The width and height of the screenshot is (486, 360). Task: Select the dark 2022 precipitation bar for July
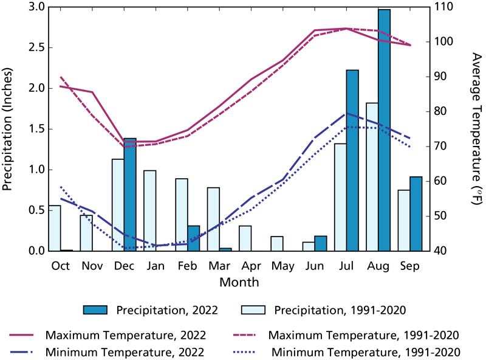[352, 161]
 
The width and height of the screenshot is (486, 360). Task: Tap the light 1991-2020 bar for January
[150, 210]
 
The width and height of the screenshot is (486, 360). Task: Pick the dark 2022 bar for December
[130, 195]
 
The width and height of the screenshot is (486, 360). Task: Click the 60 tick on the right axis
[439, 181]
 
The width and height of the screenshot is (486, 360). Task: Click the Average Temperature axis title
[476, 128]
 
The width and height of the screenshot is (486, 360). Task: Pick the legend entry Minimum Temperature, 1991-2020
[365, 351]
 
